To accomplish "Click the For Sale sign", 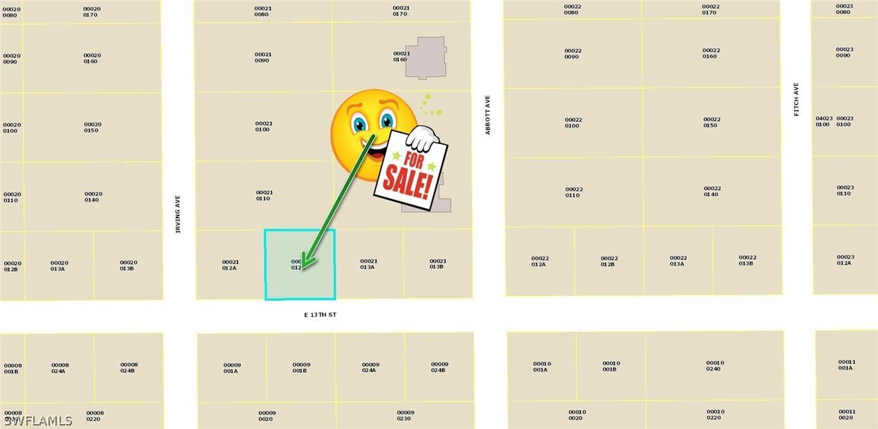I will pyautogui.click(x=411, y=169).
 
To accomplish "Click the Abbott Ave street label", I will pyautogui.click(x=487, y=114).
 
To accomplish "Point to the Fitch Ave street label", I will pyautogui.click(x=796, y=99).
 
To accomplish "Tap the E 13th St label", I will pyautogui.click(x=320, y=315).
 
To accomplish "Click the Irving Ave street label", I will pyautogui.click(x=177, y=213).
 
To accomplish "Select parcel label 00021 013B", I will pyautogui.click(x=438, y=264).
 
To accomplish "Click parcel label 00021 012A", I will pyautogui.click(x=230, y=265).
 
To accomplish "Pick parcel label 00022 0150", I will pyautogui.click(x=711, y=122).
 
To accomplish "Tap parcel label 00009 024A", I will pyautogui.click(x=370, y=367).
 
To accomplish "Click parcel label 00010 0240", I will pyautogui.click(x=715, y=365).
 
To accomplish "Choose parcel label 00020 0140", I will pyautogui.click(x=93, y=197).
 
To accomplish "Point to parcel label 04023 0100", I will pyautogui.click(x=823, y=121).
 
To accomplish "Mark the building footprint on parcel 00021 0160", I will pyautogui.click(x=426, y=57).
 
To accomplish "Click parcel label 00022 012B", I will pyautogui.click(x=609, y=261).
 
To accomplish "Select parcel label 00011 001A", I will pyautogui.click(x=846, y=365).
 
